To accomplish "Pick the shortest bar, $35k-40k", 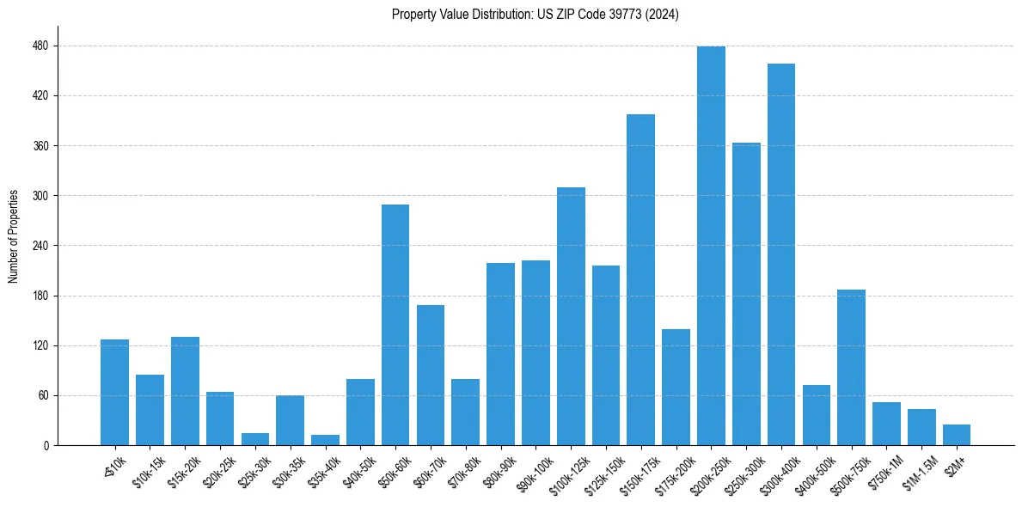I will (325, 440).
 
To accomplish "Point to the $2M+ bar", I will (957, 435).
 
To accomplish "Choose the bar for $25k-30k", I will (255, 439).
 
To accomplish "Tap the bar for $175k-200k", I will (676, 387).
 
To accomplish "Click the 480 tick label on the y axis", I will (40, 46).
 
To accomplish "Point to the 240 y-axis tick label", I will (40, 246).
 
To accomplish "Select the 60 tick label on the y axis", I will (43, 396).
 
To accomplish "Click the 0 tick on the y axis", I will (46, 446).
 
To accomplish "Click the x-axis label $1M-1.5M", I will (917, 471).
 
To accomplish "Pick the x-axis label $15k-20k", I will (182, 470).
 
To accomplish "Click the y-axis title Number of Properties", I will (13, 236).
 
